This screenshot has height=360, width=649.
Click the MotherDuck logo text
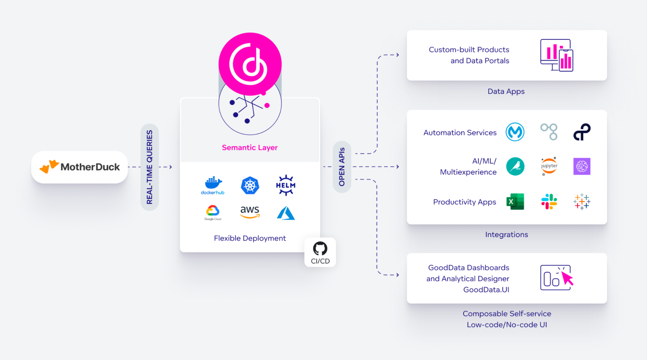pos(90,167)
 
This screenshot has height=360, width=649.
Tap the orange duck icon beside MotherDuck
pos(49,166)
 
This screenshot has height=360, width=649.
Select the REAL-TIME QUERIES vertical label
pos(150,167)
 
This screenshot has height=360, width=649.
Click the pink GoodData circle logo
pos(250,64)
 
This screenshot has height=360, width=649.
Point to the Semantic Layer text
pos(250,148)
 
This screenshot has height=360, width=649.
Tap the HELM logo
pos(286,185)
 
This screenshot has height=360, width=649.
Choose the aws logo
pos(250,212)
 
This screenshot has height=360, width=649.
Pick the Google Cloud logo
pos(213,211)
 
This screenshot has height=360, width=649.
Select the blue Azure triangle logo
pos(286,213)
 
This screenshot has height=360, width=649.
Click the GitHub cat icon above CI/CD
pos(320,249)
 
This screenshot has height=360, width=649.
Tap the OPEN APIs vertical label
pos(342,167)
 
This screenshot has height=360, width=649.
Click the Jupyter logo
pos(549,166)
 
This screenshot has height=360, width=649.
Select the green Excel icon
pos(515,202)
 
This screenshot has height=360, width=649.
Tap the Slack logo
pos(549,202)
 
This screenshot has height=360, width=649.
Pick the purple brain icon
pos(582,166)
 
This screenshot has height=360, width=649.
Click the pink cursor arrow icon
pos(567,278)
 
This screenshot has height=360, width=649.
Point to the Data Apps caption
pos(506,91)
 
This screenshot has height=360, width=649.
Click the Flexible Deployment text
pos(250,238)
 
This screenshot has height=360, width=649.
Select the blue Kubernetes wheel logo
pos(250,186)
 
